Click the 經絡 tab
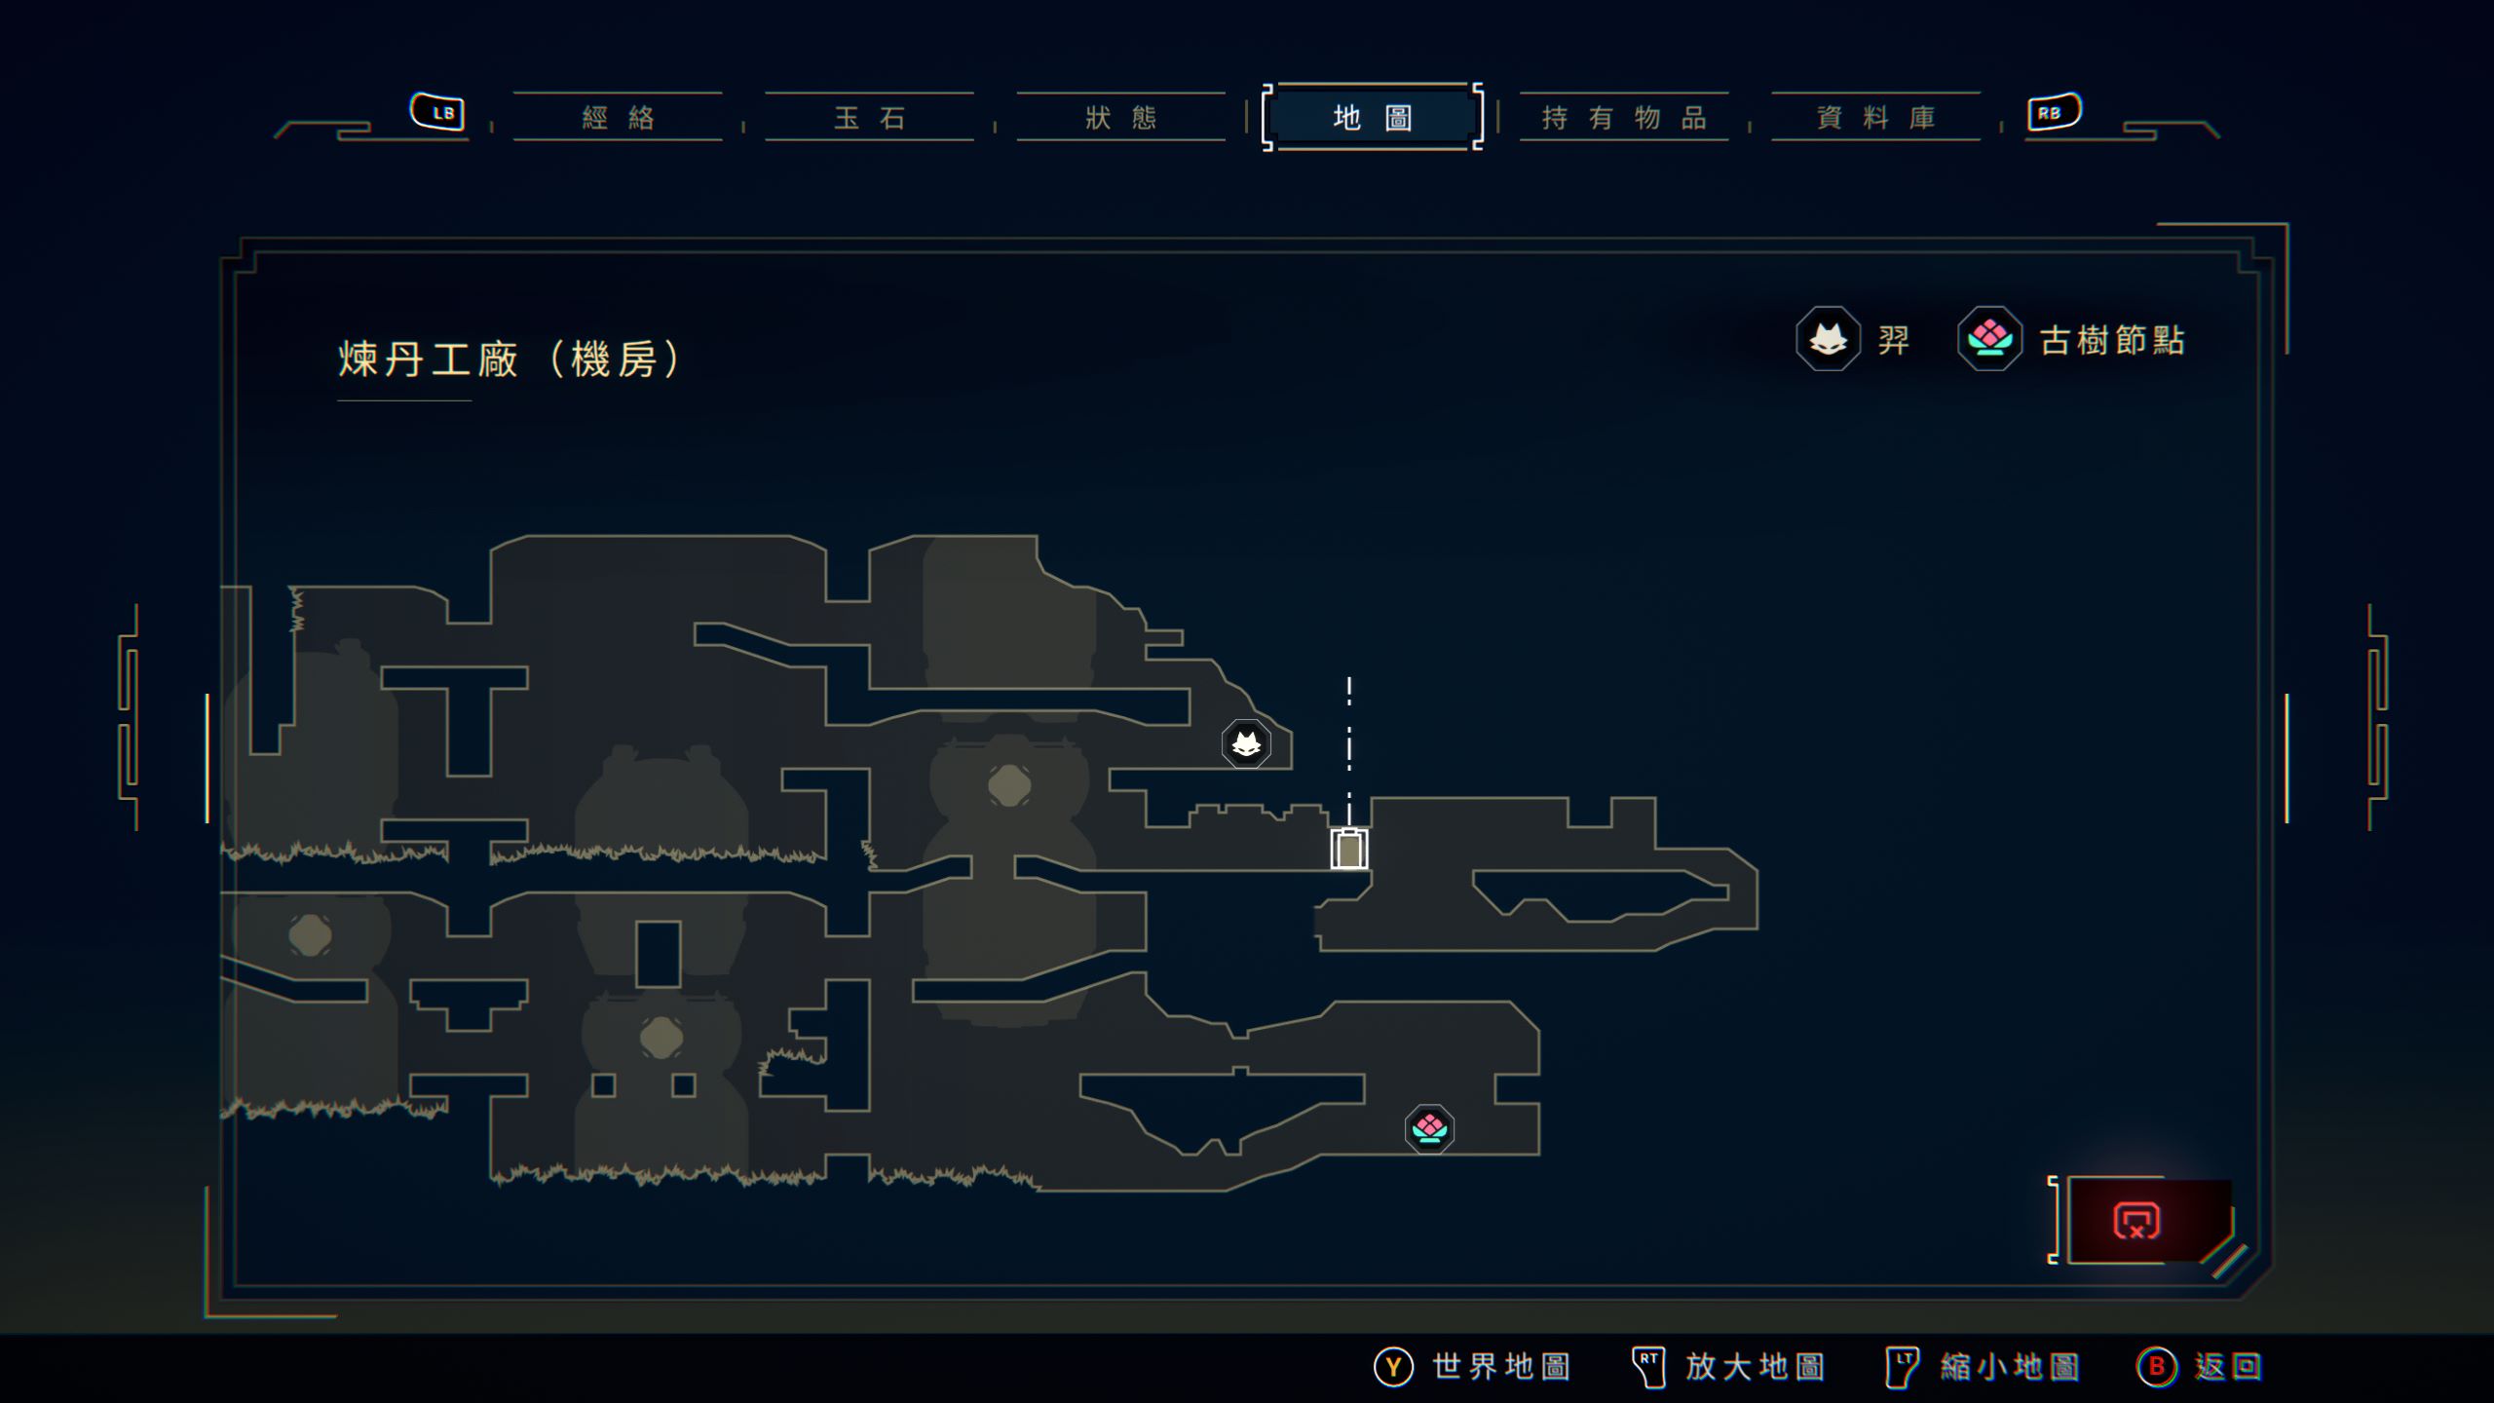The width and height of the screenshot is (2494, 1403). [x=618, y=118]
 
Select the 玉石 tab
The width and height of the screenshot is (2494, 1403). [x=869, y=118]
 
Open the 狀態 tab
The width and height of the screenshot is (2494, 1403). [x=1120, y=118]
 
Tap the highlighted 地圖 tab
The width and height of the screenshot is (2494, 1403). [x=1372, y=118]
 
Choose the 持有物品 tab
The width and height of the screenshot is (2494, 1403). [x=1624, y=118]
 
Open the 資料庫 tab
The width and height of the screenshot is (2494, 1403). [x=1875, y=118]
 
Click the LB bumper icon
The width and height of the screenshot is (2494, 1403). [x=438, y=112]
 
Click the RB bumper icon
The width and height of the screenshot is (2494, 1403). [x=2053, y=112]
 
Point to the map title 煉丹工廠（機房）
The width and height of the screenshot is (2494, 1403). [x=509, y=360]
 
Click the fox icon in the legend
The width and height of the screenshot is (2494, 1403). [x=1828, y=339]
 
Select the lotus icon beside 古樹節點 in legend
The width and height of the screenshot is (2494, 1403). [x=1989, y=339]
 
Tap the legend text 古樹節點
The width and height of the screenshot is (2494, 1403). [x=2112, y=340]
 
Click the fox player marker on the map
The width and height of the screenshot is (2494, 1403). [x=1246, y=744]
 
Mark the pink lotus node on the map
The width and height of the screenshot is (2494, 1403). [x=1429, y=1128]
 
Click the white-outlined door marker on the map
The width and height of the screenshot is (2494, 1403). [x=1349, y=849]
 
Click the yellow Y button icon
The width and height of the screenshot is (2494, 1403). [x=1393, y=1367]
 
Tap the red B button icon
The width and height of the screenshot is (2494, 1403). [x=2156, y=1367]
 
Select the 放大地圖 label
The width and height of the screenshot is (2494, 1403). [x=1755, y=1367]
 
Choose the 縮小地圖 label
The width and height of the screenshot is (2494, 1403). [x=2010, y=1367]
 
